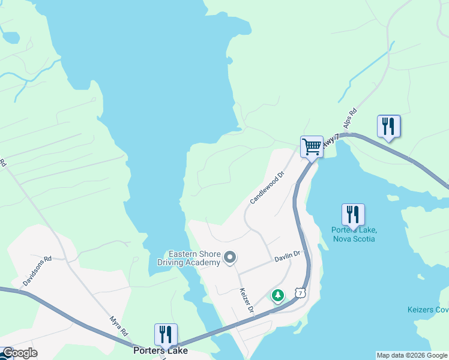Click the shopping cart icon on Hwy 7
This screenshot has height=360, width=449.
[312, 146]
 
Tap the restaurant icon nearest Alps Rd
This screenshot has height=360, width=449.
[388, 127]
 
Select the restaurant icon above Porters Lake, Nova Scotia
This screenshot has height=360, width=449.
[353, 215]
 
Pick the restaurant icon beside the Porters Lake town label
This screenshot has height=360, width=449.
[166, 334]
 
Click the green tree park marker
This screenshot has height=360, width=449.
[277, 295]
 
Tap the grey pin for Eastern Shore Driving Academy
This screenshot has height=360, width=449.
[229, 258]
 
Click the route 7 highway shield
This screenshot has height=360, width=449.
[300, 292]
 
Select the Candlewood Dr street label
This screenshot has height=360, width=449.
[267, 189]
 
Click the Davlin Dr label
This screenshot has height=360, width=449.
[287, 257]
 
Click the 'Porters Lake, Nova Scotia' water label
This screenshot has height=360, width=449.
[354, 234]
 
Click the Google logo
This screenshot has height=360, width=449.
[19, 353]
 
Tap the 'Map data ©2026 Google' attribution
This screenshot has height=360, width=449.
[411, 355]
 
